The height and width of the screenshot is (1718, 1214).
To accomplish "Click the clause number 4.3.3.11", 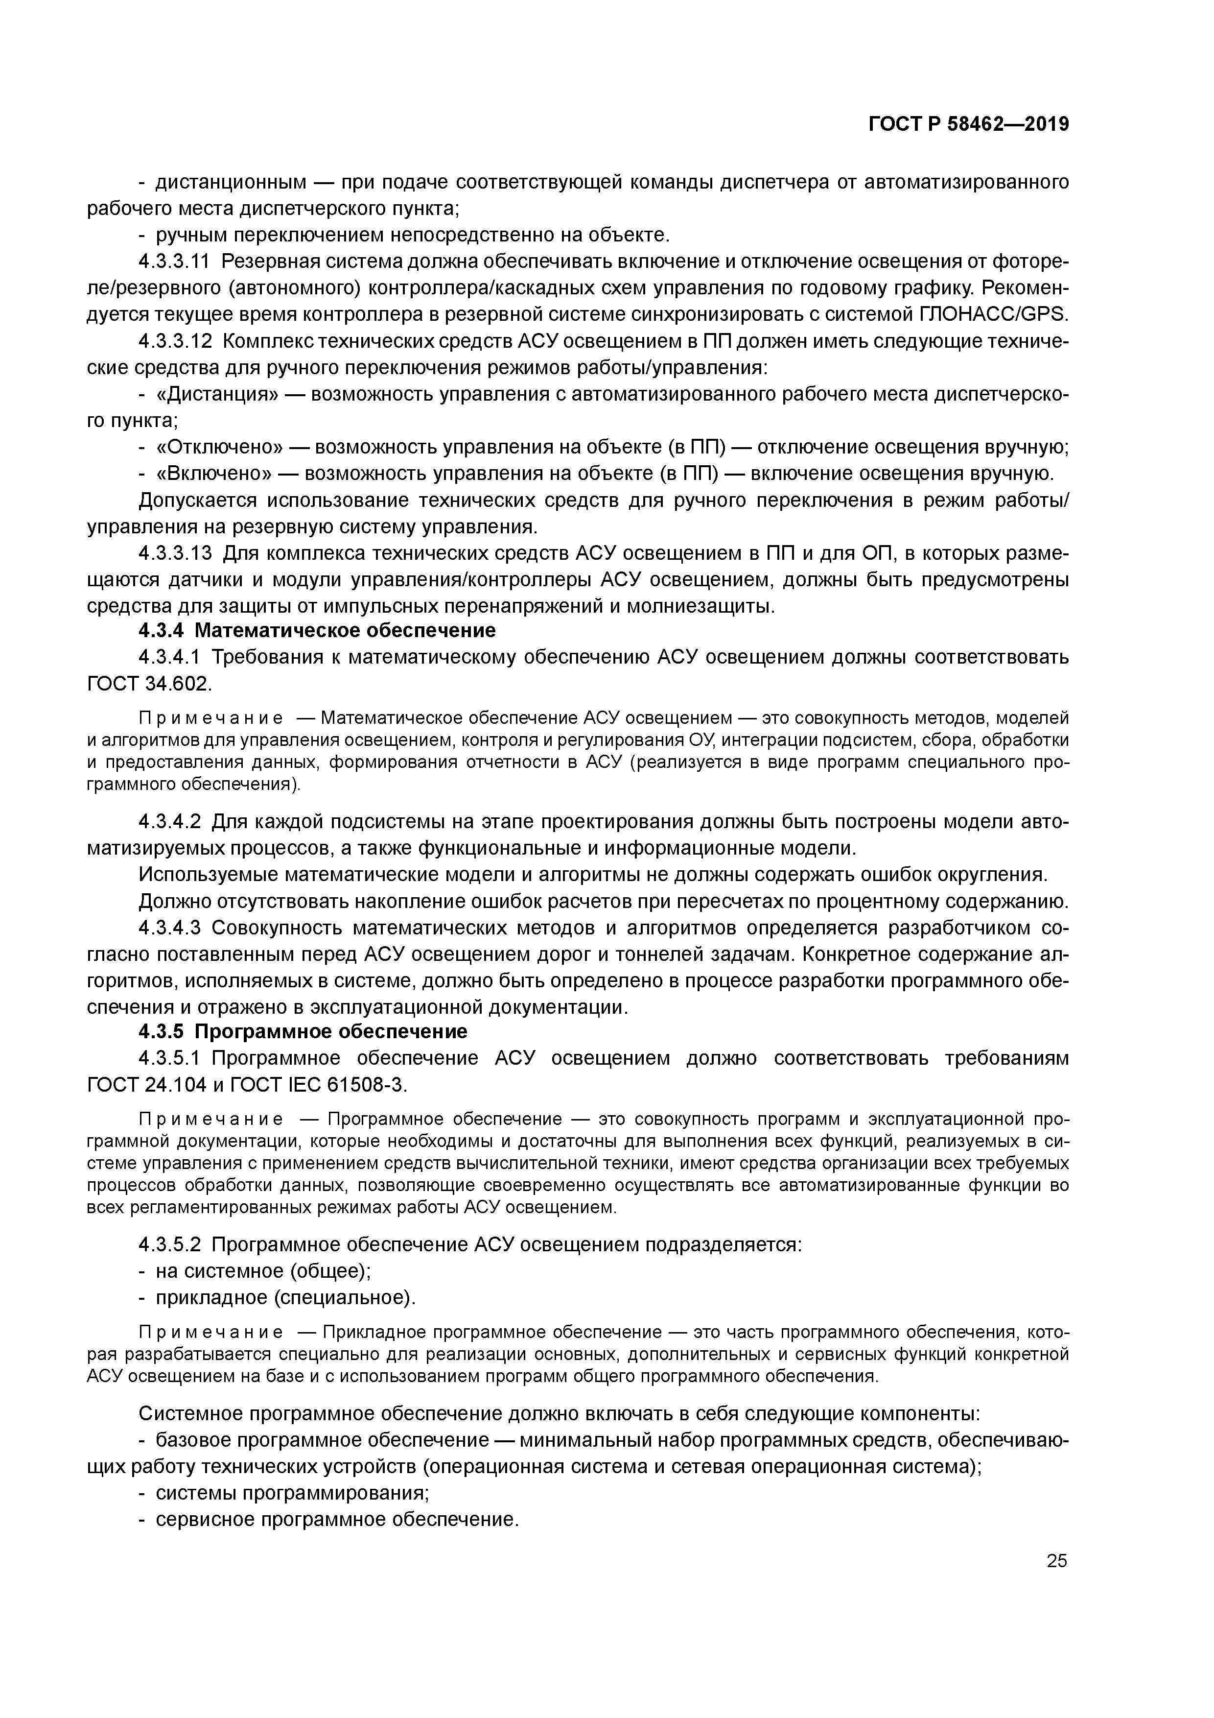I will tap(176, 262).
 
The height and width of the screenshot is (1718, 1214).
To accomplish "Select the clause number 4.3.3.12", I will tap(176, 341).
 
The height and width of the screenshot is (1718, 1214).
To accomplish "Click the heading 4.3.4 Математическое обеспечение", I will tap(317, 631).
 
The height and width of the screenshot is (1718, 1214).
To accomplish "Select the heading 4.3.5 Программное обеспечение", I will tap(303, 1032).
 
